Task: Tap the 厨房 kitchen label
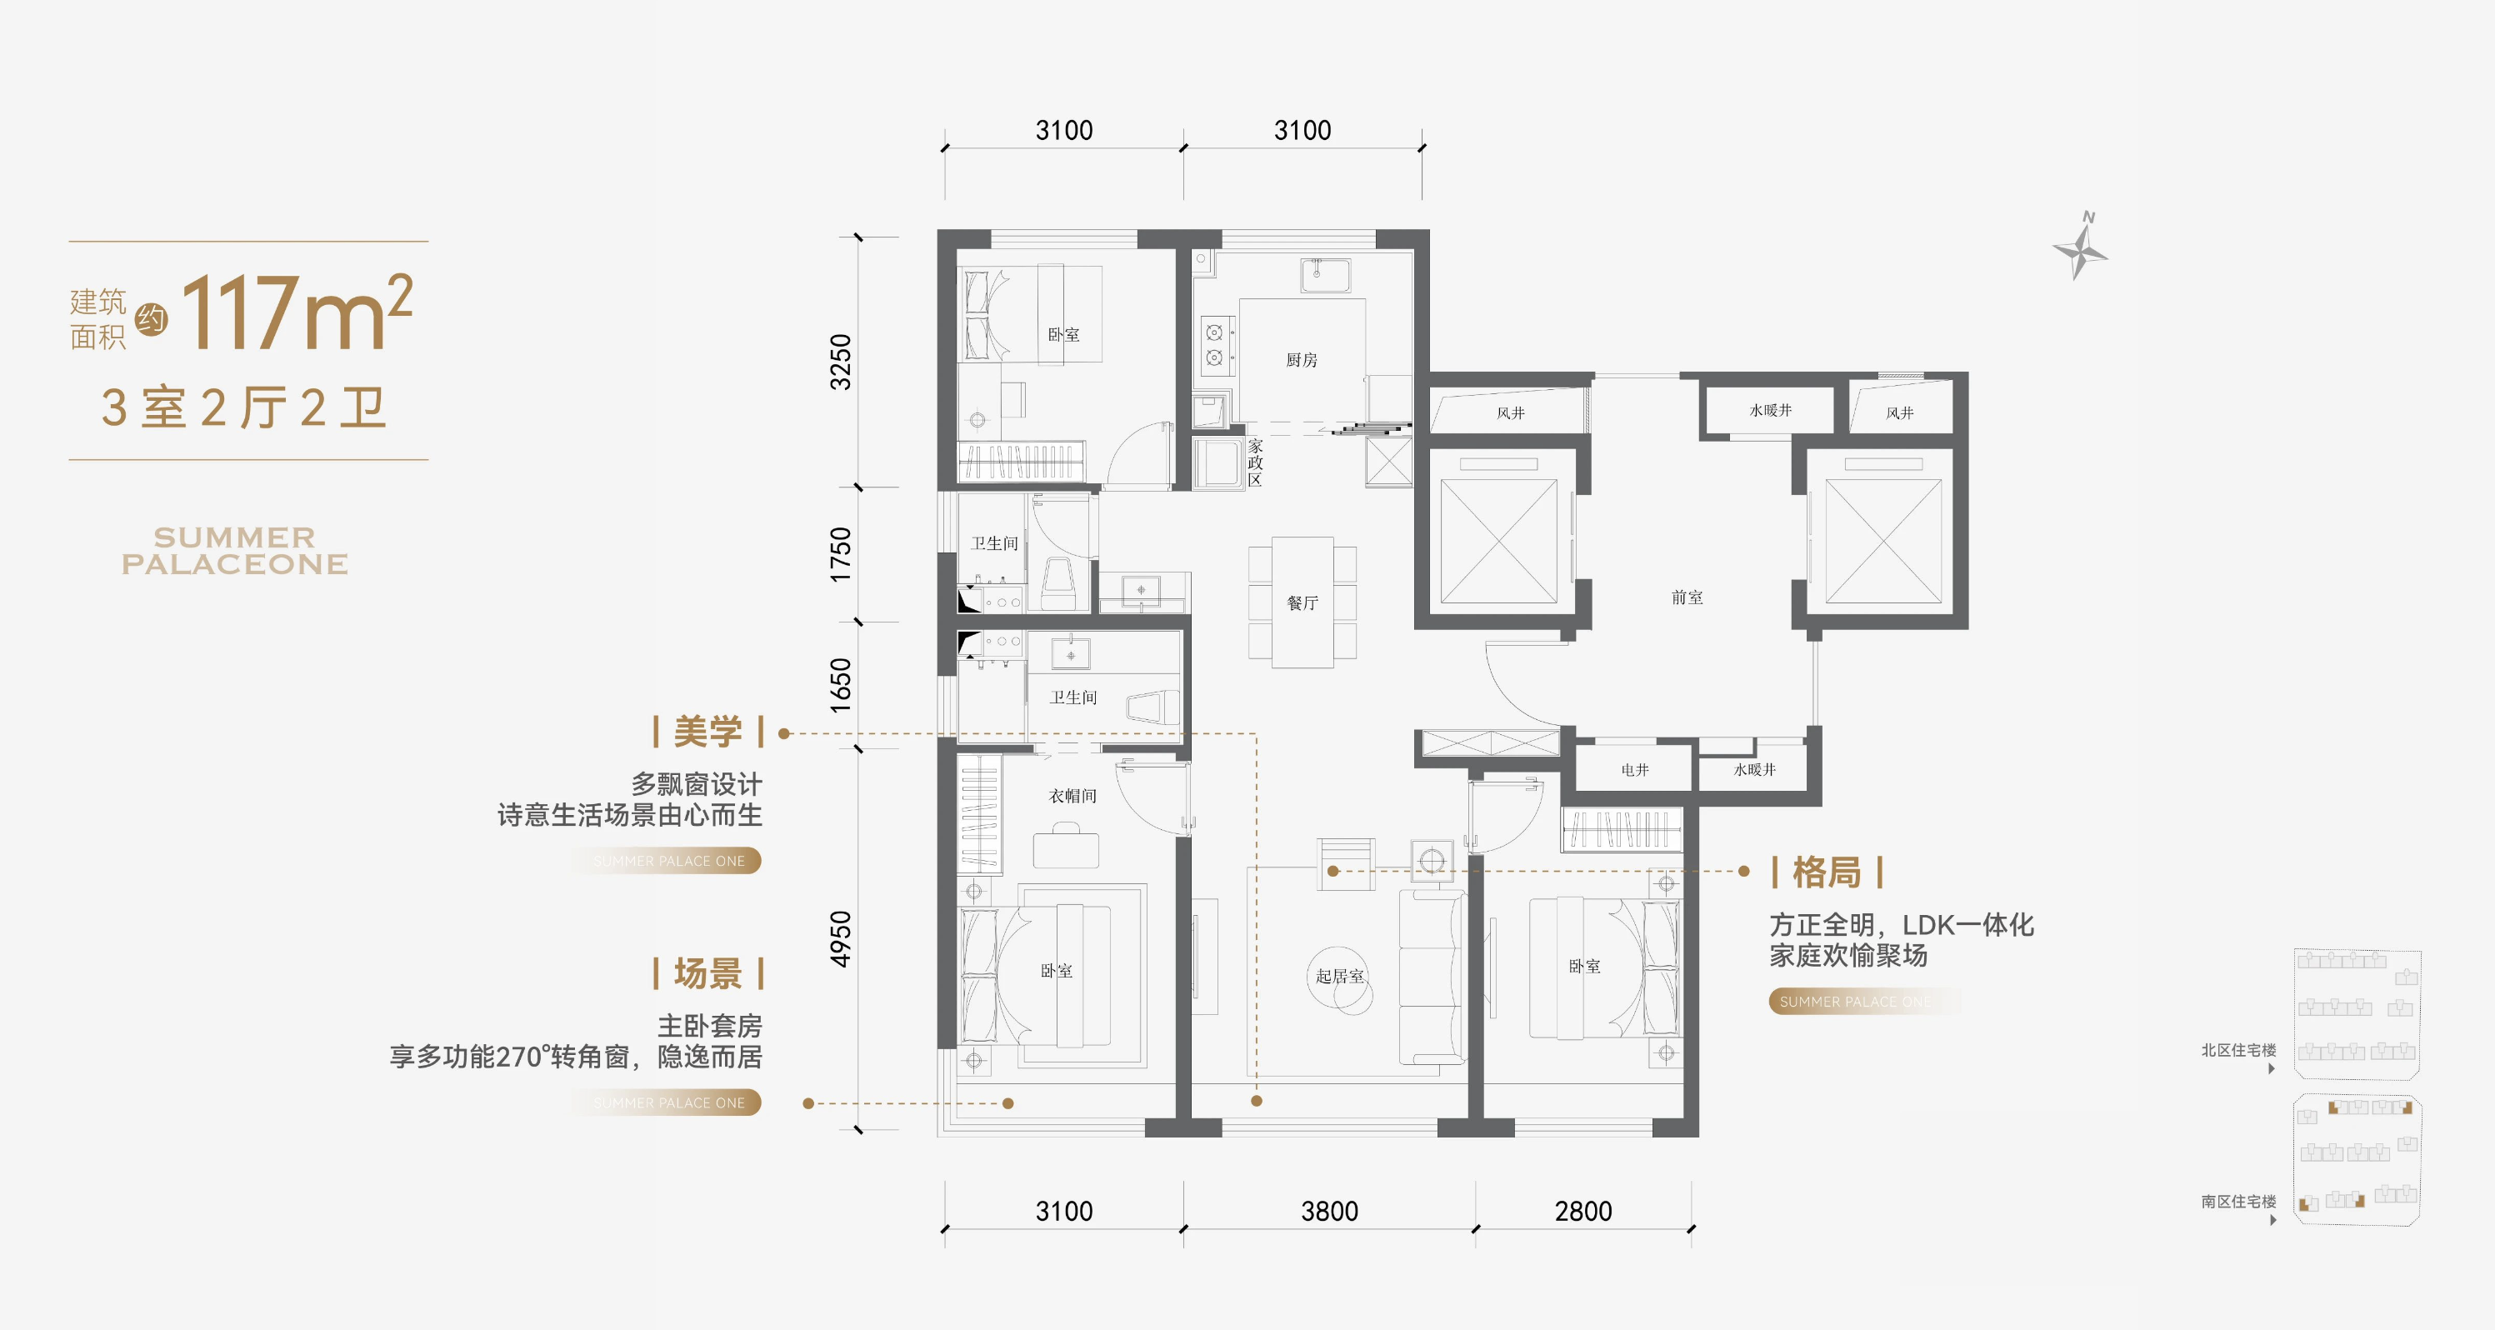(x=1302, y=360)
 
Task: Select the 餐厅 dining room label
(x=1302, y=602)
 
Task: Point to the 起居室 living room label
(x=1339, y=976)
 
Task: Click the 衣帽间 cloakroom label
(x=1072, y=795)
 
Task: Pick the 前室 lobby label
(x=1687, y=597)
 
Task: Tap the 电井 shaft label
(x=1635, y=770)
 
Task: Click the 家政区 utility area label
(x=1255, y=462)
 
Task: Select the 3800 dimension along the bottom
(x=1329, y=1211)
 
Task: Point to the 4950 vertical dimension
(x=841, y=937)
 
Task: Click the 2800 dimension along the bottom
(x=1583, y=1211)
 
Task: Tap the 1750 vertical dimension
(x=841, y=554)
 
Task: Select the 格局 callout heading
(x=1827, y=872)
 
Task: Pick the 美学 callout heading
(x=708, y=732)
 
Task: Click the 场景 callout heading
(x=708, y=973)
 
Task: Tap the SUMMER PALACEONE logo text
(x=234, y=550)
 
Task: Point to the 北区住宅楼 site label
(x=2238, y=1050)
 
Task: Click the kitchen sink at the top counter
(x=1325, y=275)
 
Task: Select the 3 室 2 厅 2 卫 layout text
(x=244, y=407)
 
